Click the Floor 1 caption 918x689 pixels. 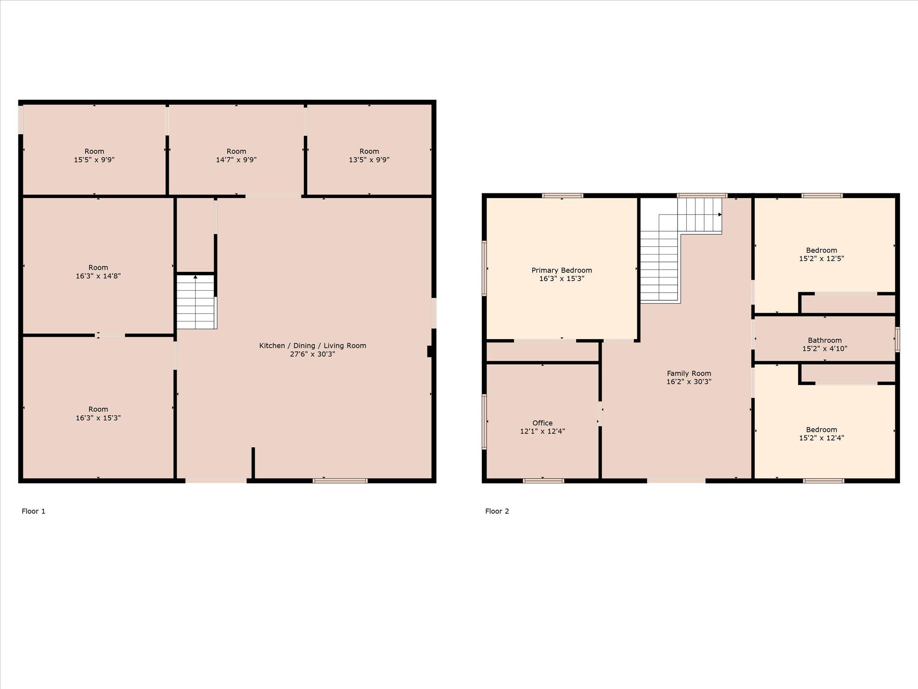(34, 511)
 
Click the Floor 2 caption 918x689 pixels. (497, 511)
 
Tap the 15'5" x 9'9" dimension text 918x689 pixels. (94, 160)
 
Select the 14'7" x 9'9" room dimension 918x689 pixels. (236, 160)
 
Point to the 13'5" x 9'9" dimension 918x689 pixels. (369, 160)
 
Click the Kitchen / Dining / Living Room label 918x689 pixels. (313, 346)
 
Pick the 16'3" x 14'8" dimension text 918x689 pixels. (98, 276)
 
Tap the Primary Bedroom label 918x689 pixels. (562, 270)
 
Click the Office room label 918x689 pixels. (543, 423)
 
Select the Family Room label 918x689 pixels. (689, 373)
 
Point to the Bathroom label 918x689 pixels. (825, 340)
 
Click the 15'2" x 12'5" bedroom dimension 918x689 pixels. (822, 259)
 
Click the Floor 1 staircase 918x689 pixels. (196, 301)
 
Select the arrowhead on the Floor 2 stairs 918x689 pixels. (720, 215)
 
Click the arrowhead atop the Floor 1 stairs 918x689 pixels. (196, 277)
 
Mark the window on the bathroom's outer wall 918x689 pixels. (897, 339)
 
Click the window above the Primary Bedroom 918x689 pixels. (563, 196)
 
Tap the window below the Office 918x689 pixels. (543, 481)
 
